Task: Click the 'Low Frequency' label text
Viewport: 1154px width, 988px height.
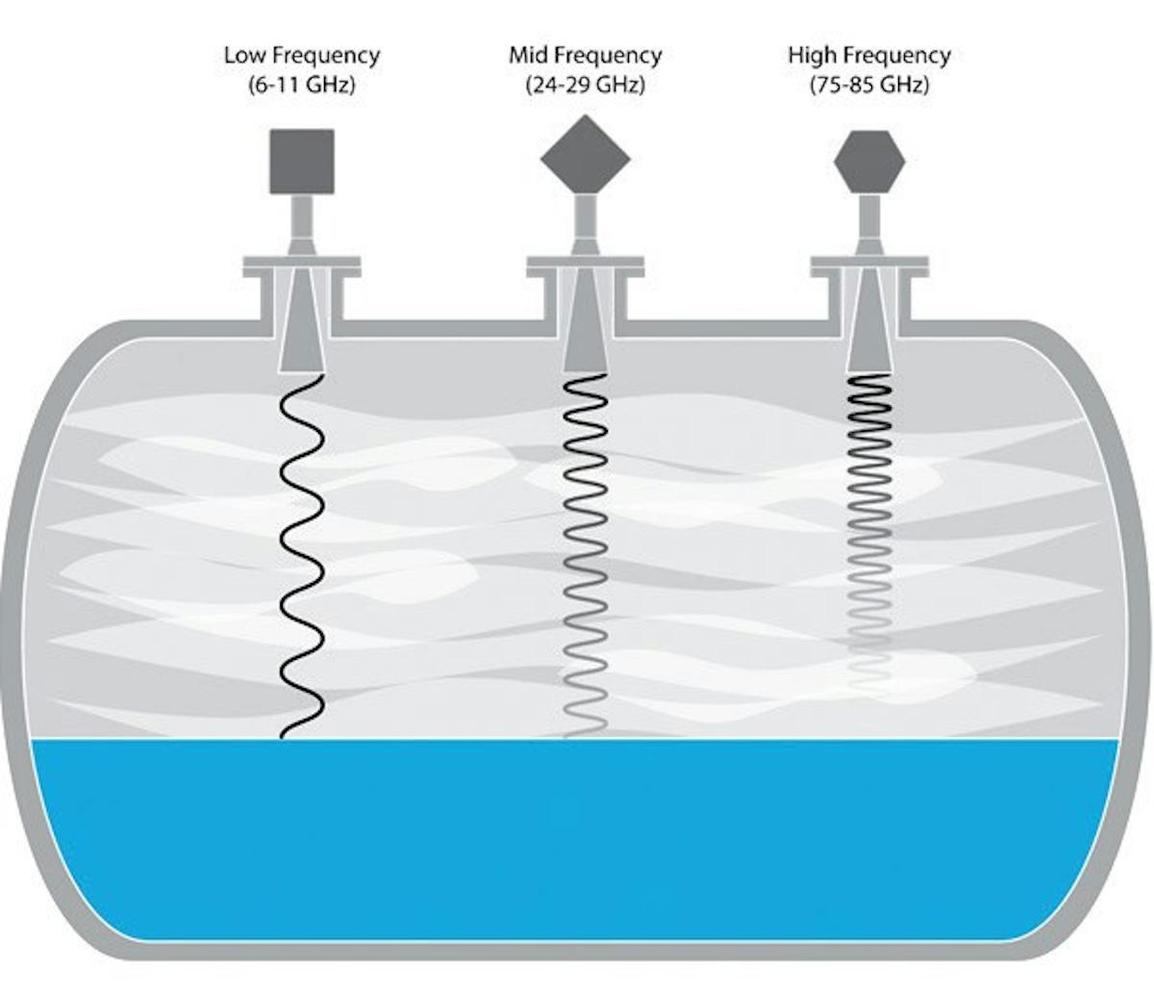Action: click(301, 55)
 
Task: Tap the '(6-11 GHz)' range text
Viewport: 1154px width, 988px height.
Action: click(301, 84)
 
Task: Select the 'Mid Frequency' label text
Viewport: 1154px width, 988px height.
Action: click(585, 55)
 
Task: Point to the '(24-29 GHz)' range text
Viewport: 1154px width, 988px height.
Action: click(585, 84)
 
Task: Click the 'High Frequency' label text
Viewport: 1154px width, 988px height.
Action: click(868, 55)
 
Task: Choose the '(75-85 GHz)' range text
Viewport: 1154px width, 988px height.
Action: click(868, 84)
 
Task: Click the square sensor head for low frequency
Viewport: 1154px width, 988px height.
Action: click(301, 160)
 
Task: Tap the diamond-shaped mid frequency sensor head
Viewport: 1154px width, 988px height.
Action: click(585, 158)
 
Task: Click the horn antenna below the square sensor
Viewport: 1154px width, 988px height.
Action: click(301, 327)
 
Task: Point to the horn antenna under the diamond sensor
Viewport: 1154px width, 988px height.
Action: click(585, 327)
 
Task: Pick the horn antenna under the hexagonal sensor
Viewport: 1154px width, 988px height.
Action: click(869, 327)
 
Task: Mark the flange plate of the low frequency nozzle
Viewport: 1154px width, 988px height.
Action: click(301, 263)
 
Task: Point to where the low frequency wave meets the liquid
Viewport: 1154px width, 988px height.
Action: click(285, 737)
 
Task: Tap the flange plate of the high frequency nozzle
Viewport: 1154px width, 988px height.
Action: click(869, 263)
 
